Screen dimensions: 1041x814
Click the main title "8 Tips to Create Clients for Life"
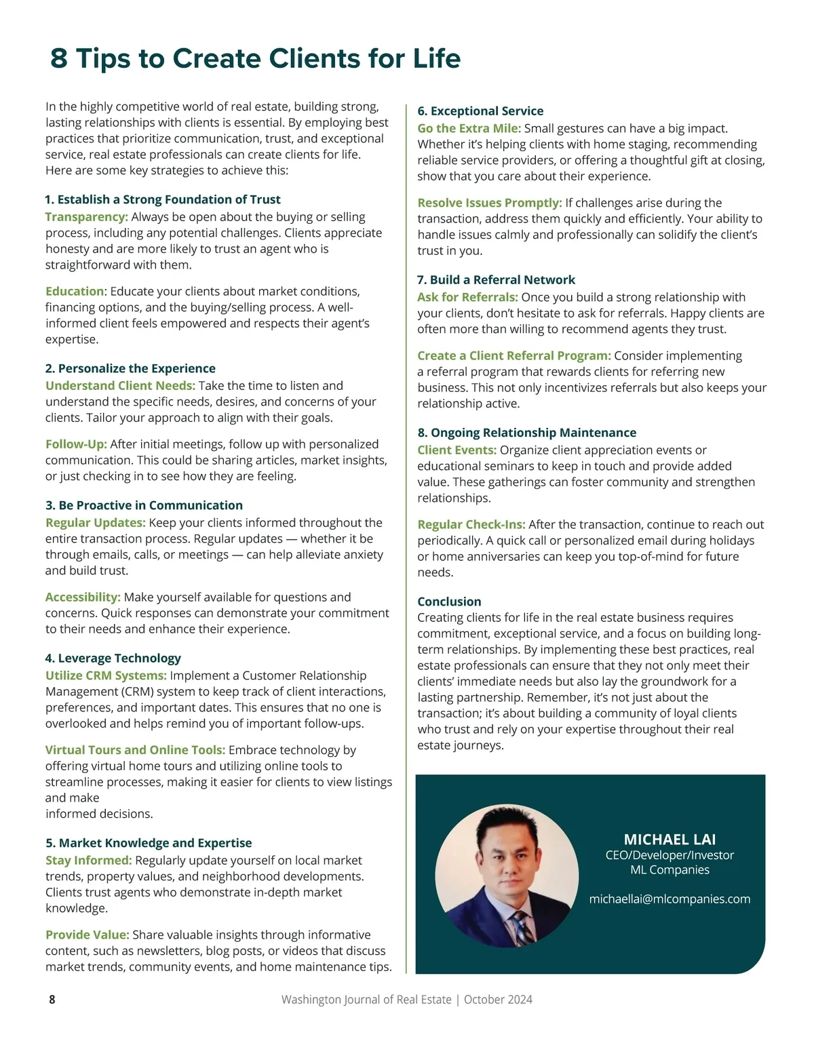(x=255, y=58)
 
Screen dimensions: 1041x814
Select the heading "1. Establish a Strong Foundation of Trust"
(x=163, y=199)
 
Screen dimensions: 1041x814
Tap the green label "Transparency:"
(x=86, y=217)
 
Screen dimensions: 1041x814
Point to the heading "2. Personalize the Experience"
(x=130, y=368)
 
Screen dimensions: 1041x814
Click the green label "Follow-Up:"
(x=76, y=444)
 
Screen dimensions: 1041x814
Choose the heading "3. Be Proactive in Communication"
(x=144, y=505)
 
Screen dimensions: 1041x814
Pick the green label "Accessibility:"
(x=83, y=597)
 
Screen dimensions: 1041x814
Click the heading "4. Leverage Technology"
(x=113, y=658)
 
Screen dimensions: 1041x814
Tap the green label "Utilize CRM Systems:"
(x=106, y=675)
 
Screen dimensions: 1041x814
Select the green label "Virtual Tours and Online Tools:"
(x=135, y=750)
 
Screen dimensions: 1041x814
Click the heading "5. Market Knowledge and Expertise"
(x=149, y=843)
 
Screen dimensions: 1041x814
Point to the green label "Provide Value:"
(x=87, y=935)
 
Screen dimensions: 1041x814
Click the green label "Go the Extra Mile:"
(x=469, y=128)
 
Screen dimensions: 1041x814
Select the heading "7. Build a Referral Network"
(x=496, y=279)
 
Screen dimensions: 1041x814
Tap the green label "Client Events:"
(x=457, y=450)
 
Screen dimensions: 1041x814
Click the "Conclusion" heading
(x=449, y=602)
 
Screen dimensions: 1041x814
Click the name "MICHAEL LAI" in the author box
(x=670, y=840)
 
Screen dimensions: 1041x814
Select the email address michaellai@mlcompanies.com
(x=670, y=899)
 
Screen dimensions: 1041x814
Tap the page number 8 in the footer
(x=52, y=1000)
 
